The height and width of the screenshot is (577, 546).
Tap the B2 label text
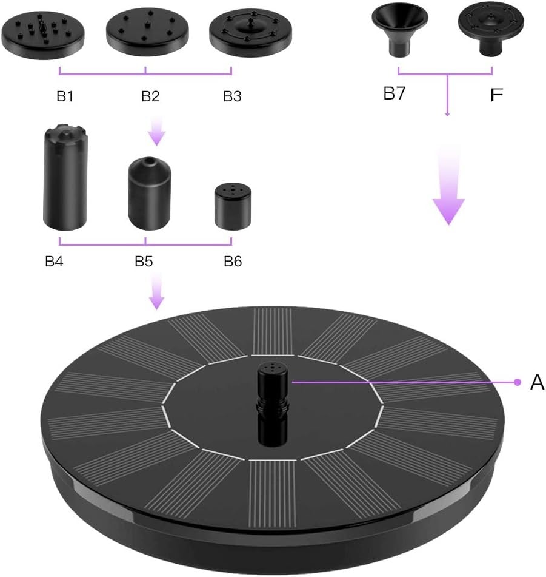pos(150,96)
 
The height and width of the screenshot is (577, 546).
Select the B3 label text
pos(232,96)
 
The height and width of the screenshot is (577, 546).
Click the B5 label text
pos(144,262)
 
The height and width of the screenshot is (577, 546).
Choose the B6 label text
pos(233,262)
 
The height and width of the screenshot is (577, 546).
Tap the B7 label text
pos(395,94)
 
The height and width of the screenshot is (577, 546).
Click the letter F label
pos(497,95)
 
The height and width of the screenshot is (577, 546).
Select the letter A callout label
pos(537,382)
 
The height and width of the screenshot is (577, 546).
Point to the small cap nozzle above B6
pos(233,208)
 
